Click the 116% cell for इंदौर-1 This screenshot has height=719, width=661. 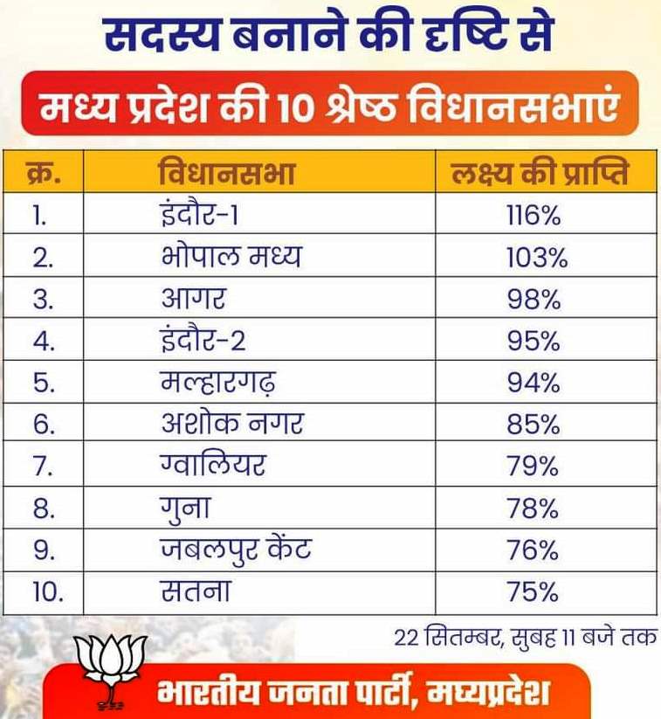click(534, 215)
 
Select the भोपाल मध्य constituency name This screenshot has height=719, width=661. click(231, 256)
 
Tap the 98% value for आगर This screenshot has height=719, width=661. click(534, 300)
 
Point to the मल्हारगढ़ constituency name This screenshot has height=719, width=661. click(218, 383)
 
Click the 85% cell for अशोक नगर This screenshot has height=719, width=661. click(534, 425)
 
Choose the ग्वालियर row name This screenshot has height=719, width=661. click(213, 464)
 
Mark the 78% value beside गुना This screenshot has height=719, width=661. click(533, 508)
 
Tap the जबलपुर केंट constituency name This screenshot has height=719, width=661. click(236, 550)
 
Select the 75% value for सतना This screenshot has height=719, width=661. click(533, 591)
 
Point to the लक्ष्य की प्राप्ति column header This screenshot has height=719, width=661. click(540, 172)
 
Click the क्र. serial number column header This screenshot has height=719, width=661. click(43, 173)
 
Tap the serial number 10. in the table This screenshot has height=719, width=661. click(48, 592)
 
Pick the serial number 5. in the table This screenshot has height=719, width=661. click(44, 383)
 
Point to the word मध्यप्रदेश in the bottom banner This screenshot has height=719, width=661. click(488, 691)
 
